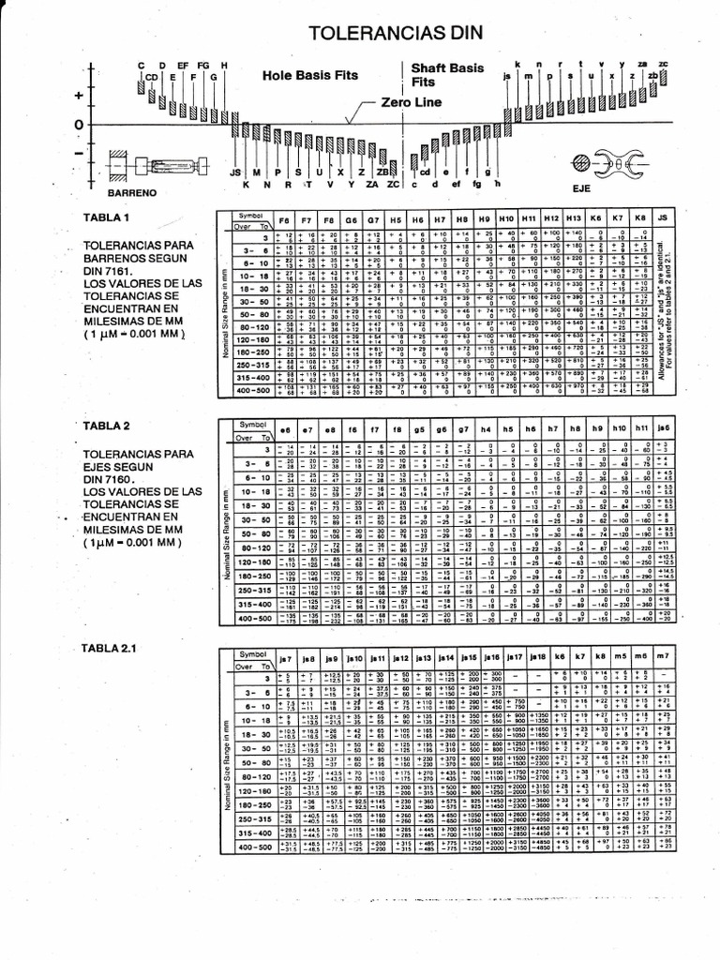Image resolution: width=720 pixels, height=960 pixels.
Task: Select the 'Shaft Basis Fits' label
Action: tap(447, 75)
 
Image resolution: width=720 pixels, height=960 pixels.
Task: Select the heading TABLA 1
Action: tap(107, 217)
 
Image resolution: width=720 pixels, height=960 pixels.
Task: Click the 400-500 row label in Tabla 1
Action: tap(251, 390)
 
